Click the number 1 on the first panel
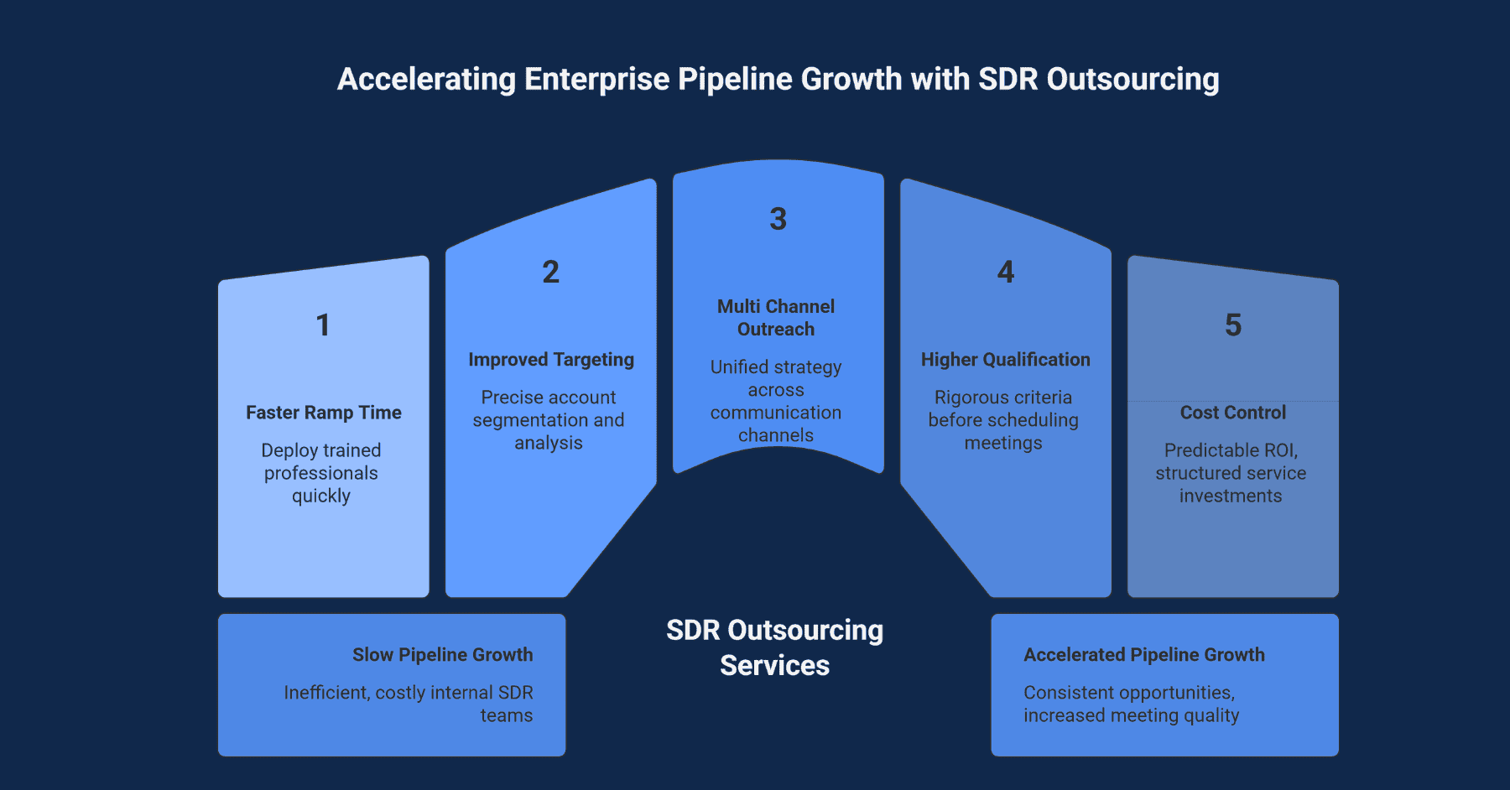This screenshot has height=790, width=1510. click(x=323, y=325)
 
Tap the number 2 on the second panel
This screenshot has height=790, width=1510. click(x=550, y=272)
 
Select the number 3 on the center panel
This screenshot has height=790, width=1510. click(x=778, y=219)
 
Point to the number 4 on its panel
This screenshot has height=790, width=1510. click(x=1005, y=272)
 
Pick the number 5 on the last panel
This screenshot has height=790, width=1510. click(x=1232, y=325)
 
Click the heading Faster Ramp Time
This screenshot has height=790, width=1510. click(x=324, y=413)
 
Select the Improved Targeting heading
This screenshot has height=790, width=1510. click(x=551, y=360)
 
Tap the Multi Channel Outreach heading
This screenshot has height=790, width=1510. click(x=776, y=318)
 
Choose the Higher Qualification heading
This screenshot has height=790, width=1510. click(x=1005, y=360)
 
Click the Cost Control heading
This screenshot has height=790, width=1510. click(x=1232, y=413)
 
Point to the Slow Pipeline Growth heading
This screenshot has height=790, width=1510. click(x=442, y=655)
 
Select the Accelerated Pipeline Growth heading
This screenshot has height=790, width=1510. click(x=1143, y=655)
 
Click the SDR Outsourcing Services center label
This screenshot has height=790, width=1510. click(x=774, y=647)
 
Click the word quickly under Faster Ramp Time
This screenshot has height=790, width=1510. click(x=321, y=496)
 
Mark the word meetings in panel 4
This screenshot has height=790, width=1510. click(x=1003, y=443)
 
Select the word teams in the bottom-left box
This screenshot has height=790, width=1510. click(x=506, y=715)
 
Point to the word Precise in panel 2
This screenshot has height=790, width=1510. click(x=506, y=398)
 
